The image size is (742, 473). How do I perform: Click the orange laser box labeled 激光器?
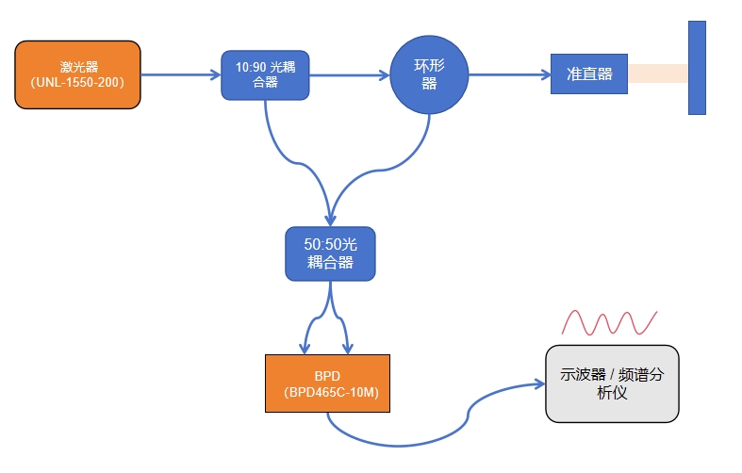point(78,74)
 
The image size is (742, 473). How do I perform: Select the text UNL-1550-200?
point(78,83)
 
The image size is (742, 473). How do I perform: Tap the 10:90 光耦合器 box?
point(265,74)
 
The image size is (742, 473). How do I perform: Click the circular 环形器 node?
point(429,74)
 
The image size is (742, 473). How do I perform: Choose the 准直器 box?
point(589,74)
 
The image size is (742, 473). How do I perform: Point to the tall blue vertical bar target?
point(697,68)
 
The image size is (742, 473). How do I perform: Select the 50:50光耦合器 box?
point(330,253)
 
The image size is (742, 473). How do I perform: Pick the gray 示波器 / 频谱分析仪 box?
point(612,383)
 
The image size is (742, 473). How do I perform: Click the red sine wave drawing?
point(609,323)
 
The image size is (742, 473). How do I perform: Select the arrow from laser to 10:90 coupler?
point(179,74)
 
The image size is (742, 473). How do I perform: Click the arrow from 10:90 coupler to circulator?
point(349,74)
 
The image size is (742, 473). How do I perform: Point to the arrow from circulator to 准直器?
point(509,74)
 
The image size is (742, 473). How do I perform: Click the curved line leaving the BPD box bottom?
point(396,443)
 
